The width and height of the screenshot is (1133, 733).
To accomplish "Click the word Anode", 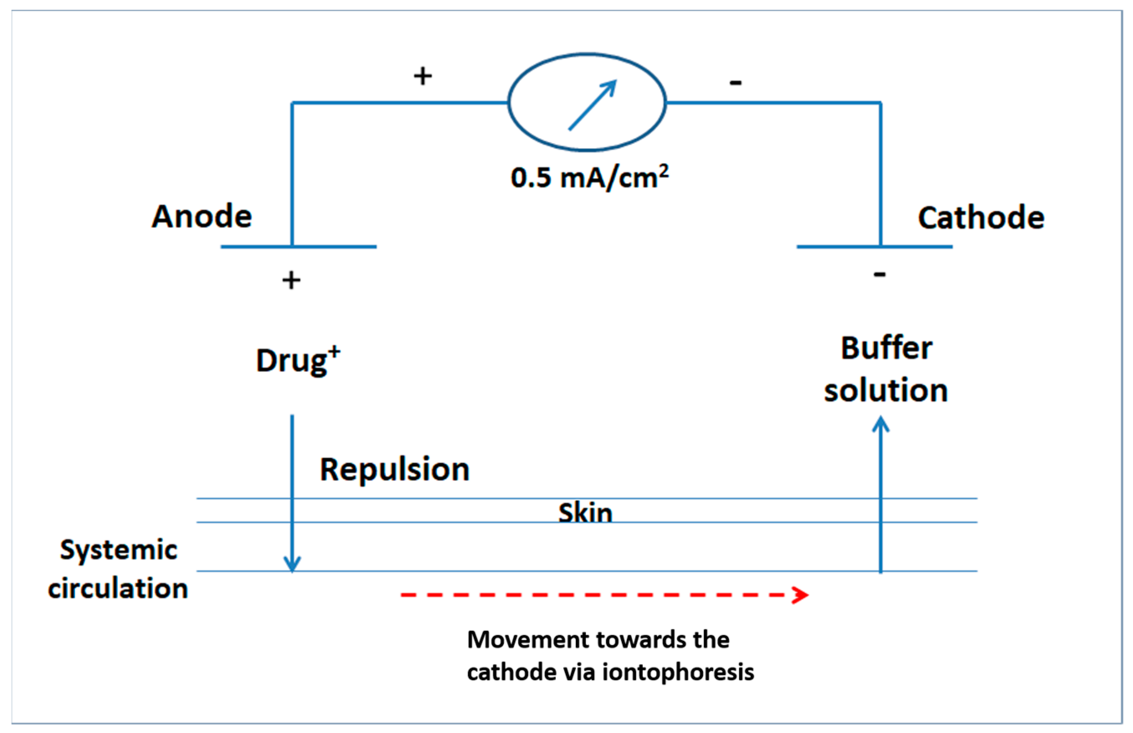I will coord(201,217).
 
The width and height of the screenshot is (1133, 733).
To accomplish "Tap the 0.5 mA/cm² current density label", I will coord(589,177).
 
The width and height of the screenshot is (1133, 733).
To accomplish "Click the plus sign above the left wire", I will coord(423,76).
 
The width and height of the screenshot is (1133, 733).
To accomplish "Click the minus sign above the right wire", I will coord(735,83).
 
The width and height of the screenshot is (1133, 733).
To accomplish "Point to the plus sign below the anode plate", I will coord(291,280).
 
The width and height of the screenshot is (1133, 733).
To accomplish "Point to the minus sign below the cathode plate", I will coord(879,274).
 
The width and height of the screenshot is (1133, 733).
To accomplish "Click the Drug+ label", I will coord(298,360).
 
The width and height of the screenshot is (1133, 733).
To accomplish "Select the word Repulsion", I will coord(395,470).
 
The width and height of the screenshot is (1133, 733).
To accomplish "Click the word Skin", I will coord(585,513).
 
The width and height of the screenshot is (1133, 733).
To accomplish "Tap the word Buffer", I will coord(886,348).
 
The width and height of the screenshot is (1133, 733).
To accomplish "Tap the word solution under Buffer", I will coord(886,390).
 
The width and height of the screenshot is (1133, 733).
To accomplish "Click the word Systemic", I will coord(118,551).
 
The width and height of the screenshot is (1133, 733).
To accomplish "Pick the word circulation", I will coord(118,588).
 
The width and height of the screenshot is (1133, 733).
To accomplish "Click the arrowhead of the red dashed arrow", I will coord(801,595).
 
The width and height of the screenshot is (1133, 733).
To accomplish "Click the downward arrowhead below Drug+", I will coord(292,564).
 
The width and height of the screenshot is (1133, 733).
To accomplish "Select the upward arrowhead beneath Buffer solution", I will coord(881,424).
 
